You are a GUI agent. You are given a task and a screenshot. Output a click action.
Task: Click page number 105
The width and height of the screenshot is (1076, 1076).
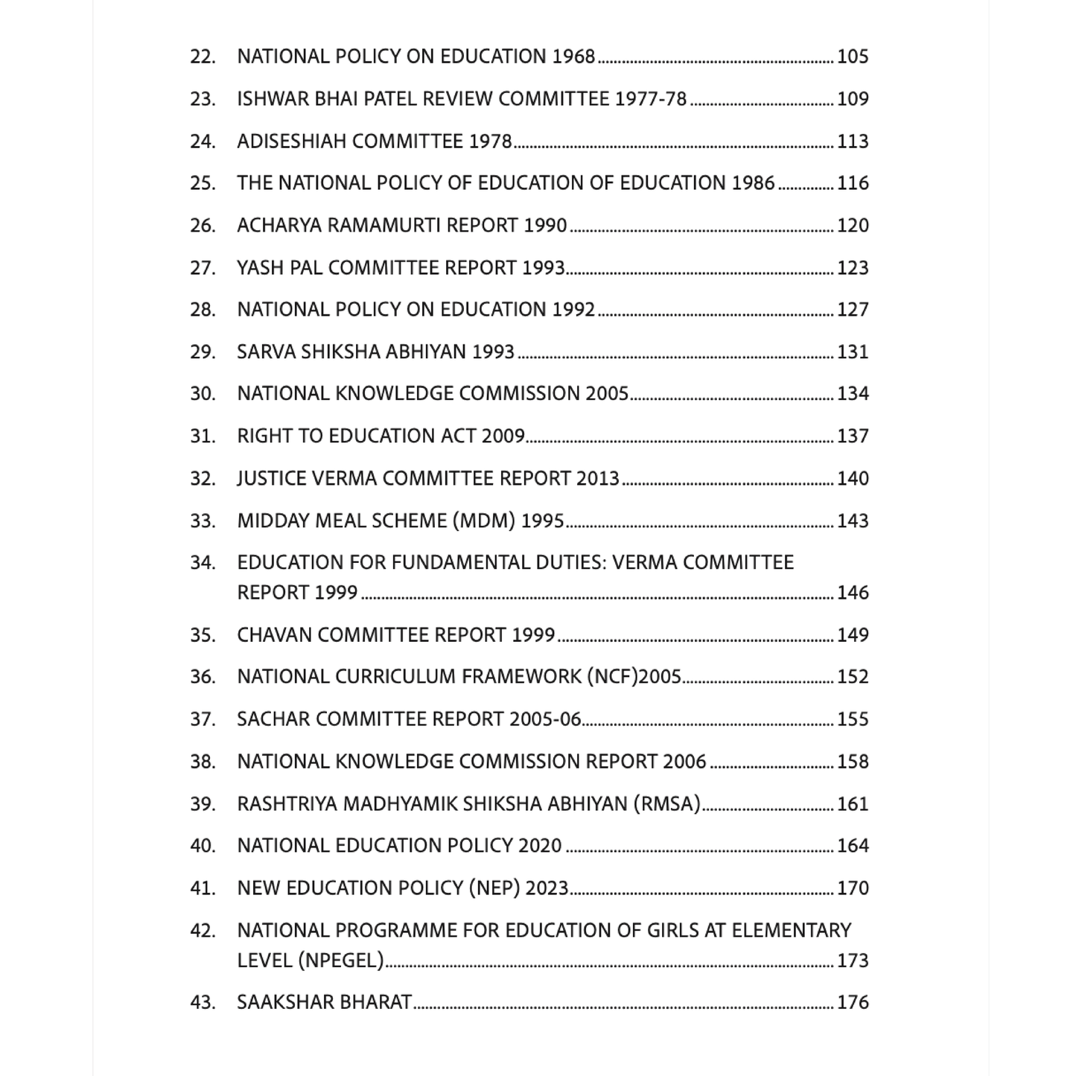pyautogui.click(x=853, y=57)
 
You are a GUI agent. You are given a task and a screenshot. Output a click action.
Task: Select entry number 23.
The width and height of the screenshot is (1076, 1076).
pyautogui.click(x=203, y=99)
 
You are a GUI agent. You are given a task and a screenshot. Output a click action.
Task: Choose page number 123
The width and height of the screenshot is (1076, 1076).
pyautogui.click(x=853, y=268)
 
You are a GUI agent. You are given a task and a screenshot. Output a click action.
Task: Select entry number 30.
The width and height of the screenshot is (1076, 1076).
pyautogui.click(x=203, y=394)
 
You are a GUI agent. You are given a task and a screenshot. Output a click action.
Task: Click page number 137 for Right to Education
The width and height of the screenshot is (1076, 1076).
pyautogui.click(x=853, y=436)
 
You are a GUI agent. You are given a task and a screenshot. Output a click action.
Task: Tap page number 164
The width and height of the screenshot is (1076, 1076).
pyautogui.click(x=853, y=846)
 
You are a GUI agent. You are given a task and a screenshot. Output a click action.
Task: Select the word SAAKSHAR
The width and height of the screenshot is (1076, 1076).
pyautogui.click(x=285, y=1002)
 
